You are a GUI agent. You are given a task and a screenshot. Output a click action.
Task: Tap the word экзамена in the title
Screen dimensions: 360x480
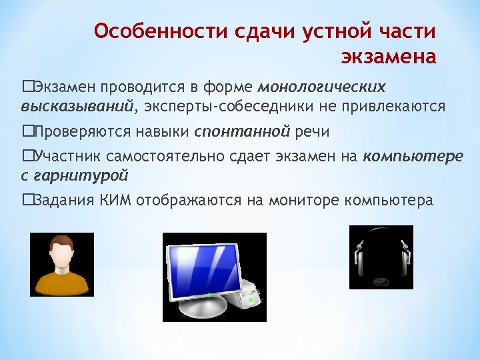[x=389, y=57]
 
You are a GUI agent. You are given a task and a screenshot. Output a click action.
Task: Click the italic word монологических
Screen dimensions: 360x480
[x=321, y=87]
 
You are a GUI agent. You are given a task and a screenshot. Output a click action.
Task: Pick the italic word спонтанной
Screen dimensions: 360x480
[x=242, y=131]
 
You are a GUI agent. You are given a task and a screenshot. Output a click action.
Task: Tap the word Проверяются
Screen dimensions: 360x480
[x=79, y=131]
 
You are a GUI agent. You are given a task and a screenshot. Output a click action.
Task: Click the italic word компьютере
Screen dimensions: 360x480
[x=413, y=157]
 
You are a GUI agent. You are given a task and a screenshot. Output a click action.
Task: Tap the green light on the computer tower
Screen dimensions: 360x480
[x=251, y=301]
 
